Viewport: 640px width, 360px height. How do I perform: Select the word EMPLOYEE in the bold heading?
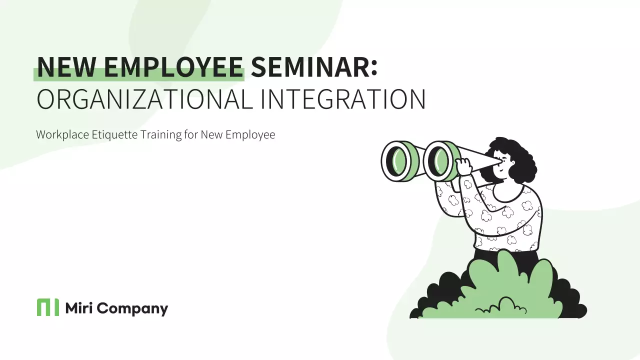click(x=172, y=67)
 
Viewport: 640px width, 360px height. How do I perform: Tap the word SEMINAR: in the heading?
click(x=314, y=67)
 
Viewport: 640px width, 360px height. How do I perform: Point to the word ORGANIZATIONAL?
click(x=144, y=99)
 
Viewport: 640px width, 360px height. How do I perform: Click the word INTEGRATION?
click(x=343, y=99)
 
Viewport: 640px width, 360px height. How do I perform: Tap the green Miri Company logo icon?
click(x=47, y=307)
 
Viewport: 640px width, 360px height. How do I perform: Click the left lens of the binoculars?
click(x=398, y=161)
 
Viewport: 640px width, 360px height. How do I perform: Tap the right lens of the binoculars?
click(x=440, y=161)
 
